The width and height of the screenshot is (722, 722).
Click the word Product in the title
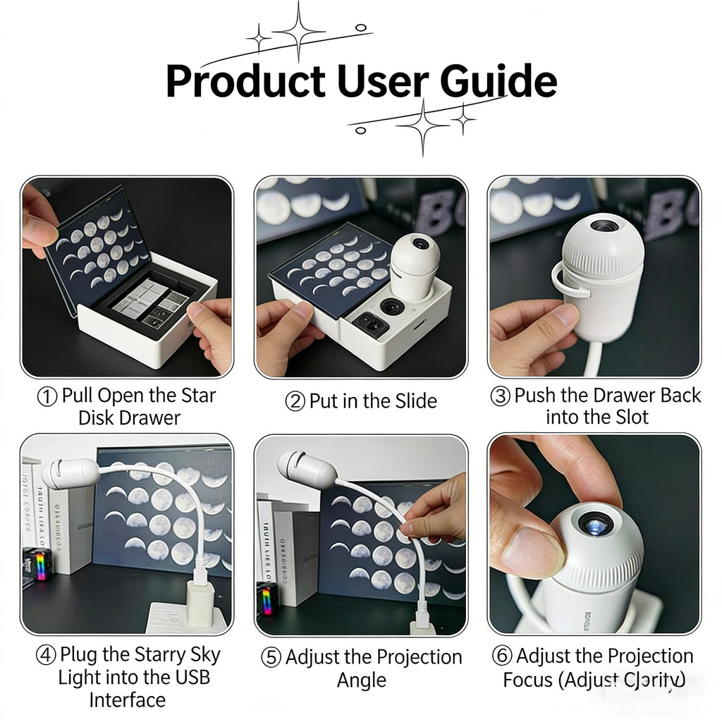(x=245, y=82)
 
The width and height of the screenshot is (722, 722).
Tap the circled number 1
(x=47, y=396)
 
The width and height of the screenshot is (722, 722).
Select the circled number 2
(x=294, y=402)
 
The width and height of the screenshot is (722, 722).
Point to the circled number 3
(x=500, y=396)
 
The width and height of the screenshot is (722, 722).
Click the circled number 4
(x=47, y=655)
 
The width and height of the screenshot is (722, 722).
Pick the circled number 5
(x=271, y=658)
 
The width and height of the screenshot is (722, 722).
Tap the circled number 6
(x=502, y=656)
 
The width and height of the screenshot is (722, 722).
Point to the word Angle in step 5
(x=362, y=680)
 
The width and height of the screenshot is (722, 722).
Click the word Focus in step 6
(x=530, y=680)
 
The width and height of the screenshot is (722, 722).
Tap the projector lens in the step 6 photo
(x=591, y=522)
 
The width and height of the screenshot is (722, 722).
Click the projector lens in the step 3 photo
(x=604, y=226)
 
